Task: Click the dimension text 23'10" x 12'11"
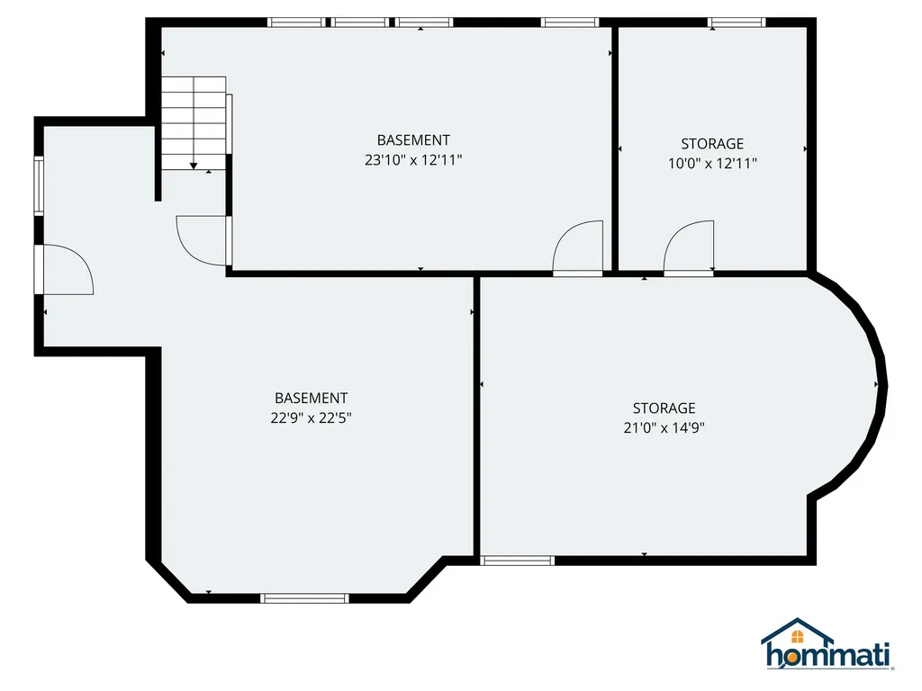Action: click(x=413, y=160)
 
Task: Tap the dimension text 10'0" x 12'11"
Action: click(x=712, y=164)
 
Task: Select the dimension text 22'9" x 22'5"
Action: click(x=311, y=417)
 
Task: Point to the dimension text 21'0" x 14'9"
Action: click(x=664, y=428)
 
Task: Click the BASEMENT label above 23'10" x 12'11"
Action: click(x=413, y=140)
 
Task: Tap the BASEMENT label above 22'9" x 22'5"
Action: click(x=311, y=398)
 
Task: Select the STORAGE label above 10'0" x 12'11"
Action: click(x=712, y=144)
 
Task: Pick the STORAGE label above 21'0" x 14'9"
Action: click(x=664, y=408)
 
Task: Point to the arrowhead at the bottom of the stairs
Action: click(x=194, y=166)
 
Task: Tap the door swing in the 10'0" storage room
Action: click(x=690, y=245)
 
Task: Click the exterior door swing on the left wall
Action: click(x=68, y=269)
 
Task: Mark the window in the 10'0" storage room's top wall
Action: click(x=737, y=22)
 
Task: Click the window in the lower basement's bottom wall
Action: click(x=304, y=597)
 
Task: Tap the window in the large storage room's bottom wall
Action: click(x=517, y=561)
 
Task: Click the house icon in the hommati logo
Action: click(x=797, y=634)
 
